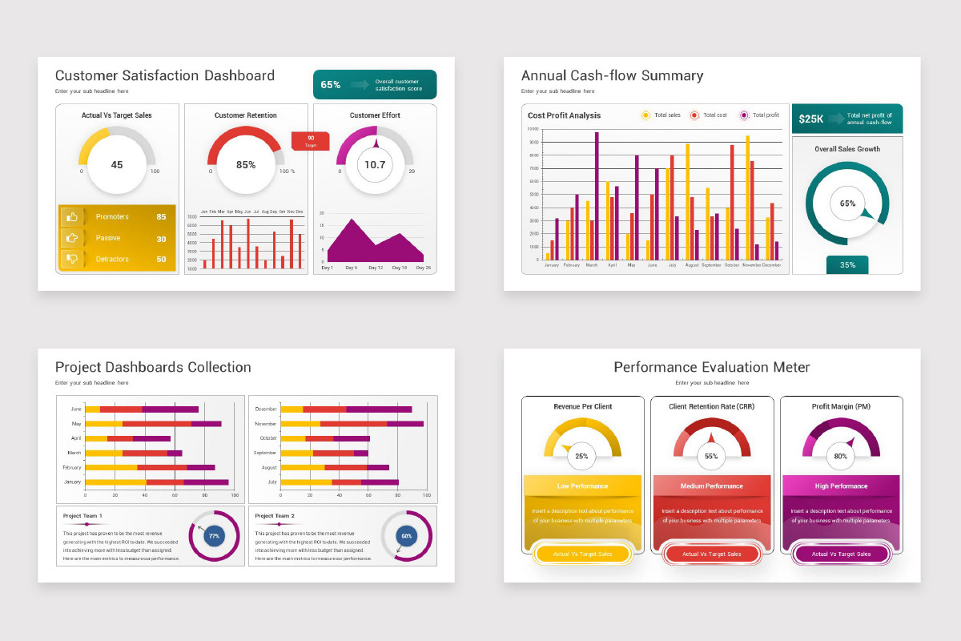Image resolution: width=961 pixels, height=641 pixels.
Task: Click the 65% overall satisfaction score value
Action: coord(331,84)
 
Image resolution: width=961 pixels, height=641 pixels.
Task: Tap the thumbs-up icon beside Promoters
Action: coord(72,216)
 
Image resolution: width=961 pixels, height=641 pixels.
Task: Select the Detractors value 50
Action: coord(161,259)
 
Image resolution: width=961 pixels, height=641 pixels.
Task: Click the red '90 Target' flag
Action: coord(310,140)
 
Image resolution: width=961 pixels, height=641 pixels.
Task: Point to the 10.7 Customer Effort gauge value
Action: coord(375,164)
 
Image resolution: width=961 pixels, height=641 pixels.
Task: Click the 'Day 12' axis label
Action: coord(375,268)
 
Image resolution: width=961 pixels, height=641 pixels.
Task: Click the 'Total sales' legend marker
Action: coord(645,115)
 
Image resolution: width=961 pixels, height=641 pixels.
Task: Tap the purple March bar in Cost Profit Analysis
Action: coord(597,196)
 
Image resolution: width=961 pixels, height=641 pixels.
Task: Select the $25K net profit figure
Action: coord(811,119)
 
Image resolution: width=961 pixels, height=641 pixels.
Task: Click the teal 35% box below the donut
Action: coord(847,264)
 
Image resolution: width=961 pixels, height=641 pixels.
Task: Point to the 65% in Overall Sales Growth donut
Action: coord(847,204)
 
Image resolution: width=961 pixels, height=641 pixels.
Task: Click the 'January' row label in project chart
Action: coord(72,482)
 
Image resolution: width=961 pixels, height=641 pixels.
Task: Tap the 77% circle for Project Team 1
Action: coord(214,536)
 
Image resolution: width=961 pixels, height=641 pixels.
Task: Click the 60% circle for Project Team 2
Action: coord(406,536)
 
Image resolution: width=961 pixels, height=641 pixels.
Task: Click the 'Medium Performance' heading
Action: coord(711,486)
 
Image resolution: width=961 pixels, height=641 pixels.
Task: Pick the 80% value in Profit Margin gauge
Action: coord(841,456)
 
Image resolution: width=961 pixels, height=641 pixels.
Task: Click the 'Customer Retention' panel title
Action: coord(246,115)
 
